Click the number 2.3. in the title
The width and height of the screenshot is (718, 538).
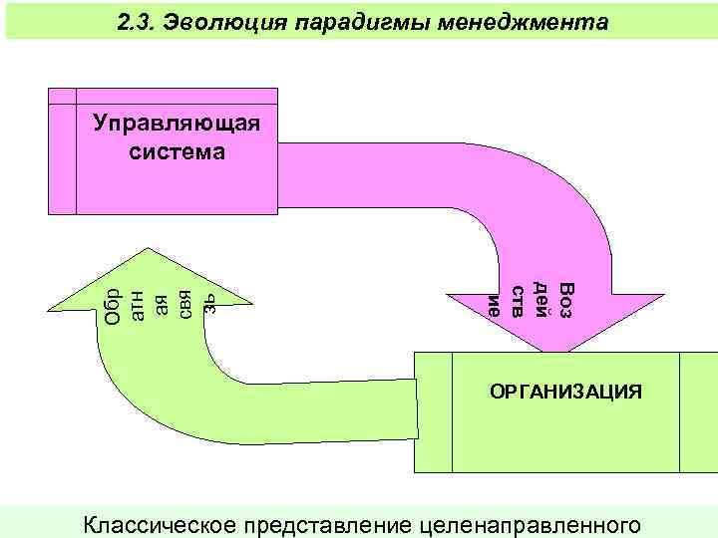134,21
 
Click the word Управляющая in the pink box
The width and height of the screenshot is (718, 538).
176,124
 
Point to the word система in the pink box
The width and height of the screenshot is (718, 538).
177,152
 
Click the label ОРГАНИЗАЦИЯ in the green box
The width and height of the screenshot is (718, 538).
565,392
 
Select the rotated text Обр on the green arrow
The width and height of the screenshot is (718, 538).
113,305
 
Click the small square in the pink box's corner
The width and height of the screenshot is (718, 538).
62,96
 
